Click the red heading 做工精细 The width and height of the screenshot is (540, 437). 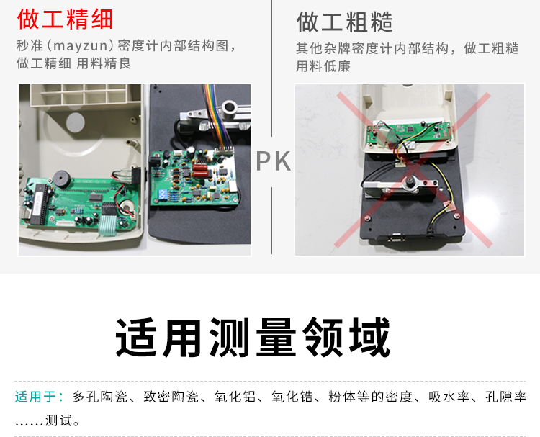[65, 19]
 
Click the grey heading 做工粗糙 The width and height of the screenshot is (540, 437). [344, 22]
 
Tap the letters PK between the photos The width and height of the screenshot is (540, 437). [274, 161]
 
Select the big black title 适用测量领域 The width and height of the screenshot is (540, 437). [253, 338]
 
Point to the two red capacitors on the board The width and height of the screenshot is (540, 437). [199, 171]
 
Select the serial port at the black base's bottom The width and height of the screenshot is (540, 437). [396, 238]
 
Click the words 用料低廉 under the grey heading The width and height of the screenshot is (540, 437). [323, 66]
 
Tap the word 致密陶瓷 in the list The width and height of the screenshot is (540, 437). [171, 397]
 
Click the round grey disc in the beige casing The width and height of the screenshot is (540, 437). [75, 122]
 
